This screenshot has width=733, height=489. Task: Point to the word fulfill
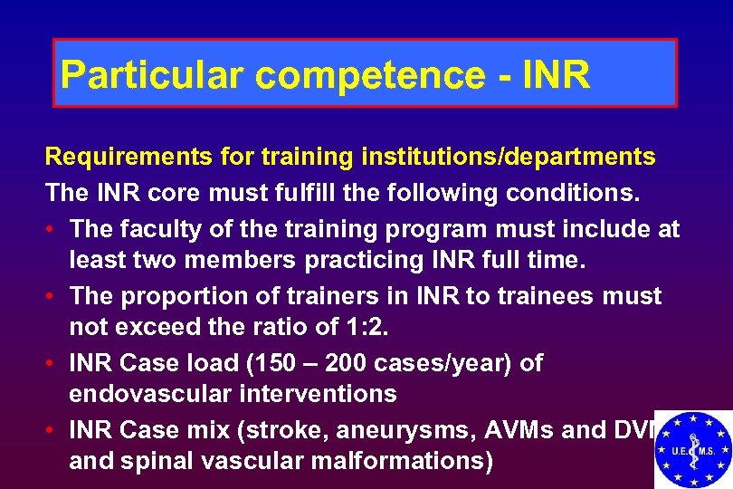point(256,193)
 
